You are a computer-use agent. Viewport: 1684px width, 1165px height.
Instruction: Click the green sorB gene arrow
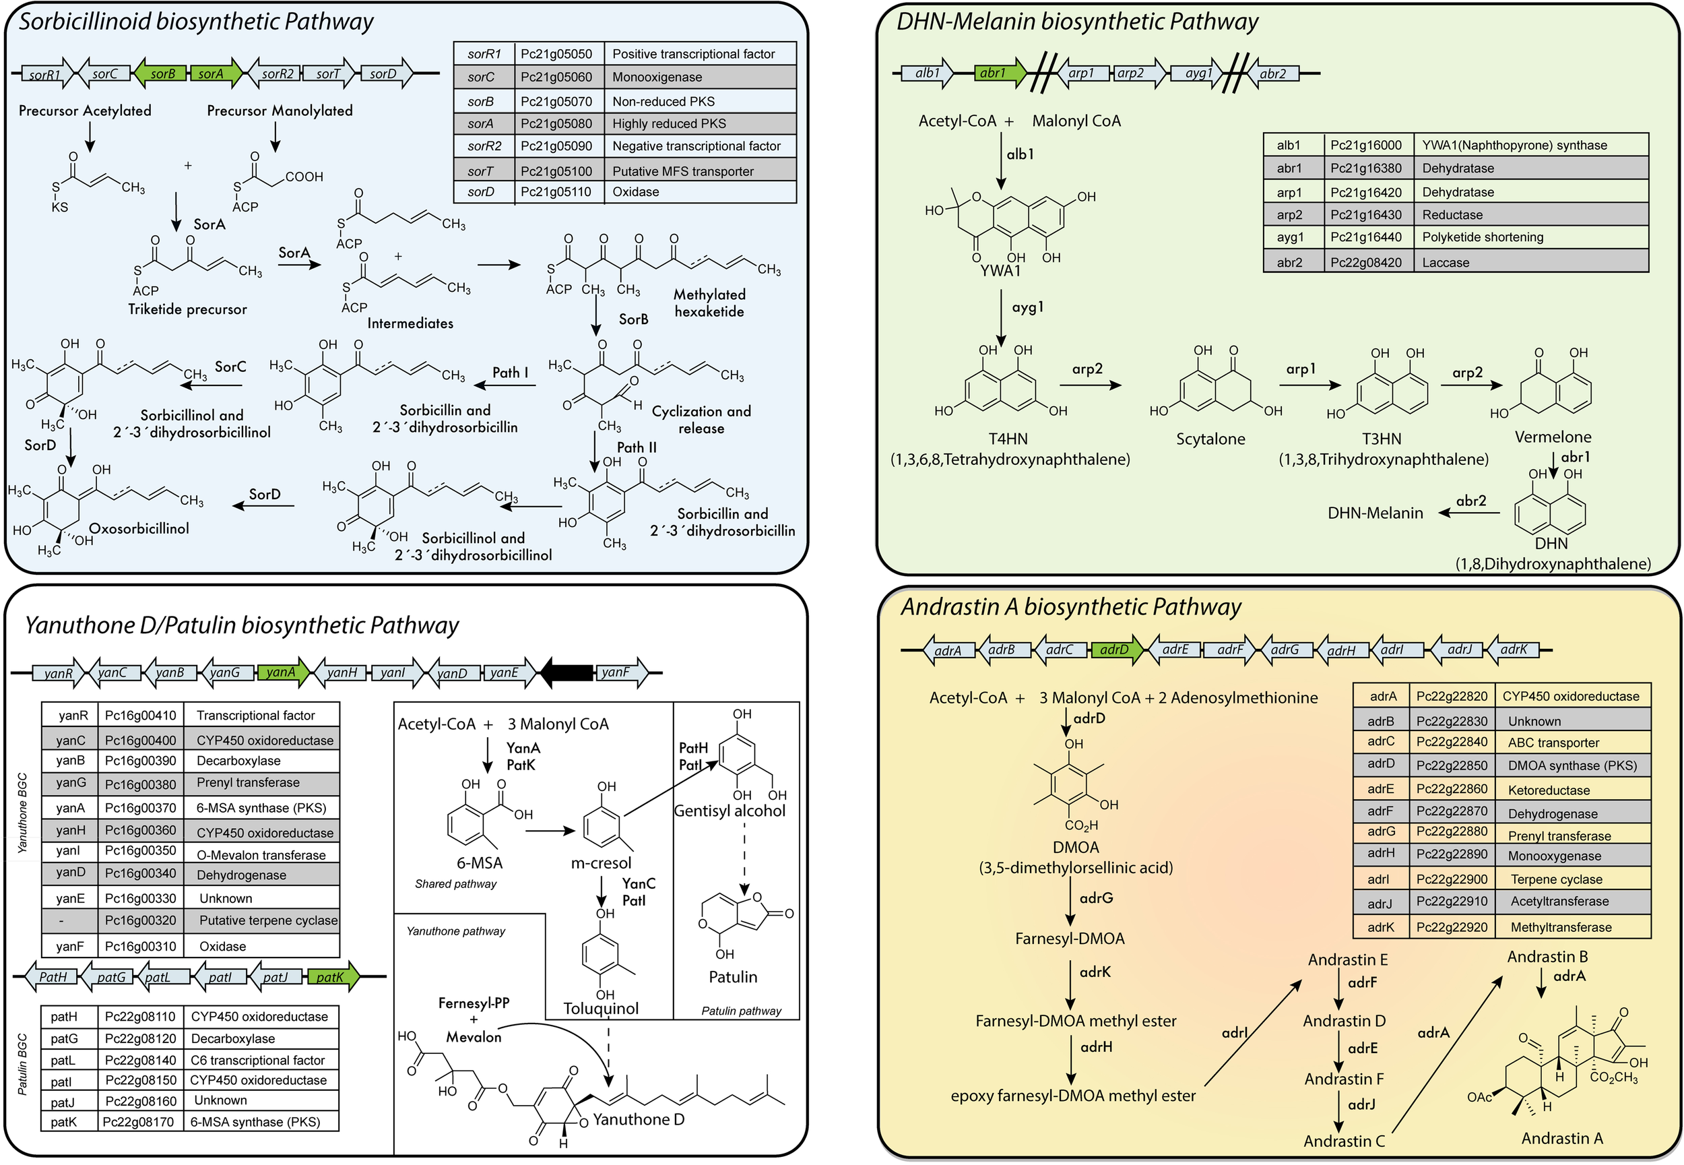[161, 73]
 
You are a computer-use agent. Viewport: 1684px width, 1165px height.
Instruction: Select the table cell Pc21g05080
[556, 123]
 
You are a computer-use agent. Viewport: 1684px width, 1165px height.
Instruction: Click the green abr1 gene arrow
[997, 73]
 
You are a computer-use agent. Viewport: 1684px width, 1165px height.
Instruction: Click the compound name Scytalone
[1210, 439]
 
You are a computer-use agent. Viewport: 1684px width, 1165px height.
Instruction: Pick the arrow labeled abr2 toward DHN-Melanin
[1468, 514]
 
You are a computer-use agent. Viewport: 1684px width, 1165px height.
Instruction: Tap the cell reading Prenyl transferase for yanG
[248, 782]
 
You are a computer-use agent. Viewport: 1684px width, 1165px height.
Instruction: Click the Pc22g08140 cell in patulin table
[140, 1060]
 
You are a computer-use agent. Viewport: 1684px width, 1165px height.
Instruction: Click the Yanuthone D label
[639, 1120]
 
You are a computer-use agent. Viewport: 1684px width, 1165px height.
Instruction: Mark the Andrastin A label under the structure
[1561, 1138]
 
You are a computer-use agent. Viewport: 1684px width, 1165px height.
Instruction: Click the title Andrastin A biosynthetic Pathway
[1070, 606]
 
